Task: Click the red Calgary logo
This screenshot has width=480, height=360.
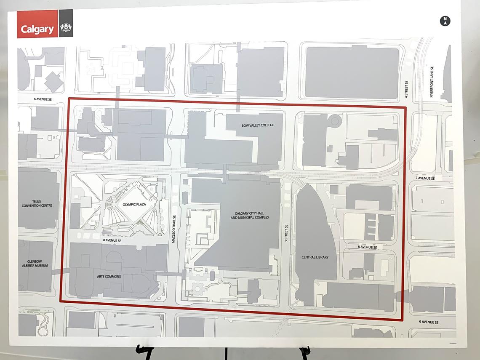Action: click(x=37, y=29)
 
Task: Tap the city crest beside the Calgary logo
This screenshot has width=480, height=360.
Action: click(x=66, y=29)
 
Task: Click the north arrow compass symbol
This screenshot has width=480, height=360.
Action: click(x=445, y=21)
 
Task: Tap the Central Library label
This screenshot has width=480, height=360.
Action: click(x=315, y=257)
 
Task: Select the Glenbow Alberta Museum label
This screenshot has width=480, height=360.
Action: click(x=35, y=263)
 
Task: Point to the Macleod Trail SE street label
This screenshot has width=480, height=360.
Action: click(x=173, y=227)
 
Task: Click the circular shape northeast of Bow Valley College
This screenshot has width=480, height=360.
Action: click(x=335, y=121)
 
